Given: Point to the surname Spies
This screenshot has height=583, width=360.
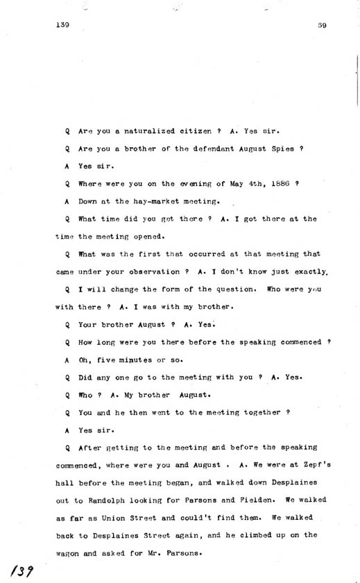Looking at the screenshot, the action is pyautogui.click(x=285, y=149).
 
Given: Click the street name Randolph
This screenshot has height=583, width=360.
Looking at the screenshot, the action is pyautogui.click(x=102, y=498).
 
